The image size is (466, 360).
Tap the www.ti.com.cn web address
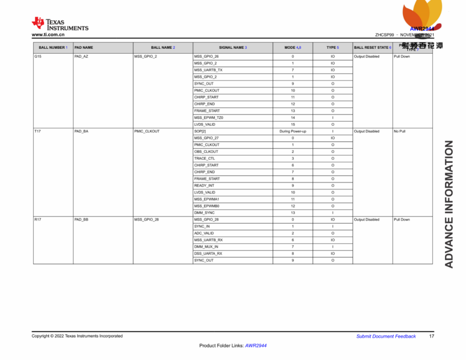48,35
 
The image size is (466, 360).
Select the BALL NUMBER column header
53,47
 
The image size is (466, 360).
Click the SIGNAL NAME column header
233,47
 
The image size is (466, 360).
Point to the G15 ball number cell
38,57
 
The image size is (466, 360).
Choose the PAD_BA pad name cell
82,131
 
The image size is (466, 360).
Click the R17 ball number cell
38,220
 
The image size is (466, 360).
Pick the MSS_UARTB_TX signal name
208,70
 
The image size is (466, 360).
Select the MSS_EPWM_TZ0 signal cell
209,117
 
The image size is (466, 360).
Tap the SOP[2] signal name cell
200,131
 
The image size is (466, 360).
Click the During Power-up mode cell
293,131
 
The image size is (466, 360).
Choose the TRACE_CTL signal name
205,158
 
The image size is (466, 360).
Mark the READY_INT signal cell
204,186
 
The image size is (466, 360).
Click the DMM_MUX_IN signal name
206,247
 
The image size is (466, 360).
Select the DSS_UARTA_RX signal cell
208,254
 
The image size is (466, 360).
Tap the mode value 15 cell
293,124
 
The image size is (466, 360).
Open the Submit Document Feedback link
386,336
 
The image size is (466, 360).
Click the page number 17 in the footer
431,336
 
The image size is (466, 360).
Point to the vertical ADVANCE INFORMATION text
449,204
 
